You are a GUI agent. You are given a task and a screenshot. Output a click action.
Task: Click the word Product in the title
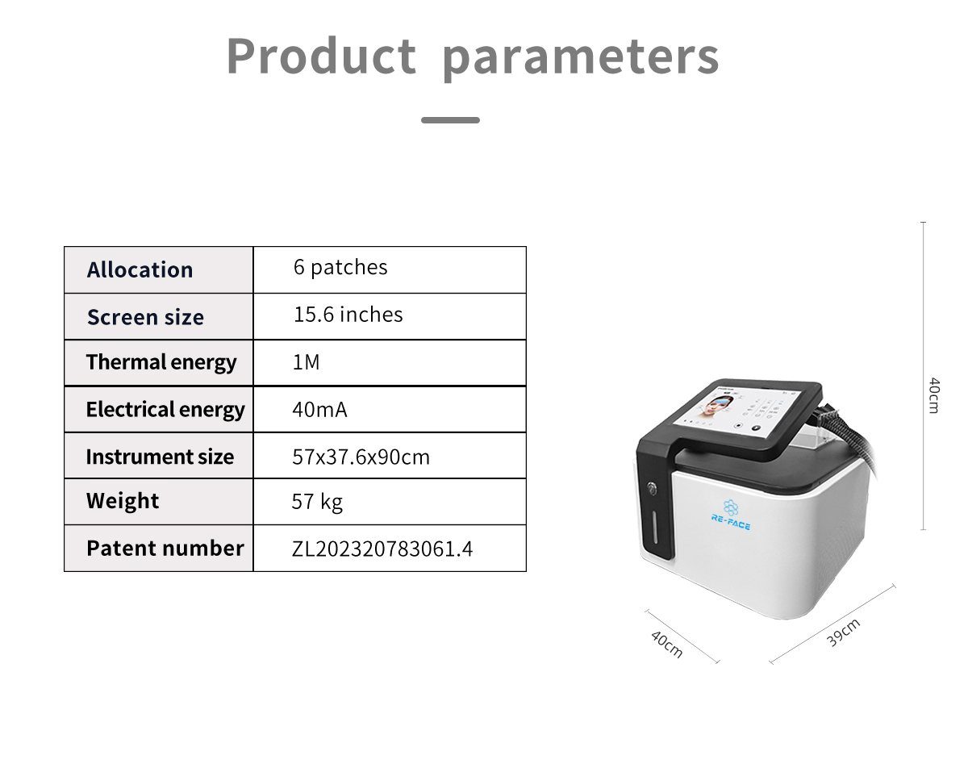coord(321,56)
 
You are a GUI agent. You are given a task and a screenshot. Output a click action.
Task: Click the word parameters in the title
coord(581,59)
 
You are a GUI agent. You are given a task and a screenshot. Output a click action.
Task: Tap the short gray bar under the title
coord(450,120)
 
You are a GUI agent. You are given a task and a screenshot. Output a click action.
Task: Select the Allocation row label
coord(140,270)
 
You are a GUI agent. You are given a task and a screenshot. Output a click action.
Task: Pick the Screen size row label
coord(145,317)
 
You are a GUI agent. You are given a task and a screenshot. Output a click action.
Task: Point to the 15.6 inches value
coord(348,315)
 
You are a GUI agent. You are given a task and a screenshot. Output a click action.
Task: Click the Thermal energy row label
coord(161,363)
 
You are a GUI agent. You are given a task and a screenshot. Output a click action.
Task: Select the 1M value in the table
coord(306,362)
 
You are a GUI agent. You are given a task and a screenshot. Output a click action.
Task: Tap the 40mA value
coord(319,410)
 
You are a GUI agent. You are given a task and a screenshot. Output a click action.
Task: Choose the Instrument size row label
coord(160,457)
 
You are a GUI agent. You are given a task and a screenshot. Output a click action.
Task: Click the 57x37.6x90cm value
coord(361,457)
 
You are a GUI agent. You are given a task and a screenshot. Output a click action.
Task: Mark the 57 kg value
coord(317,502)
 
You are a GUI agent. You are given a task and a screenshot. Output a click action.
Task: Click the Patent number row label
coord(165,549)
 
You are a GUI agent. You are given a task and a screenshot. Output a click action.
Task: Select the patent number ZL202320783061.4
coord(382,549)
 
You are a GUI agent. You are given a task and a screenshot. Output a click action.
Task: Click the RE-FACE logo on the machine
coord(731,515)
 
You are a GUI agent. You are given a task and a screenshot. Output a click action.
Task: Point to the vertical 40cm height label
coord(934,395)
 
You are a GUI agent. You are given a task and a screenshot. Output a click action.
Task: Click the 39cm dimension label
coord(843,632)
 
